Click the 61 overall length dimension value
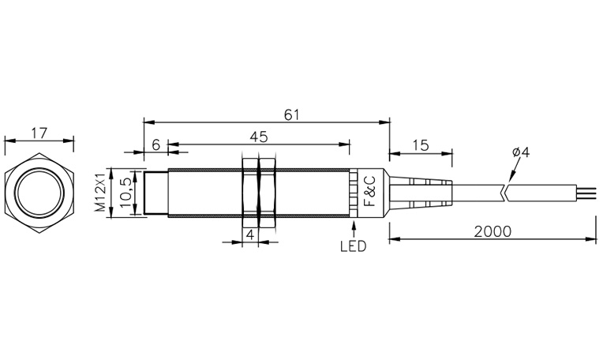coord(291,114)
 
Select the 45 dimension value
coord(258,137)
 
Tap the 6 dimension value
coord(155,145)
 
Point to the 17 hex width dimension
coord(39,133)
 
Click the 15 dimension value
coord(421,145)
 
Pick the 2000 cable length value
coord(493,231)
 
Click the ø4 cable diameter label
coord(521,152)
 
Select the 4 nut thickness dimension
coord(250,234)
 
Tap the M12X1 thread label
coord(100,193)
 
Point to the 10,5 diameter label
coord(125,193)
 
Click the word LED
coord(354,246)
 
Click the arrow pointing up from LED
coord(354,229)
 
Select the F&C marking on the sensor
coord(369,191)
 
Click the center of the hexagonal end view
coord(39,193)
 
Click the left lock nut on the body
coord(250,193)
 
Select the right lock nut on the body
coord(268,193)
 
